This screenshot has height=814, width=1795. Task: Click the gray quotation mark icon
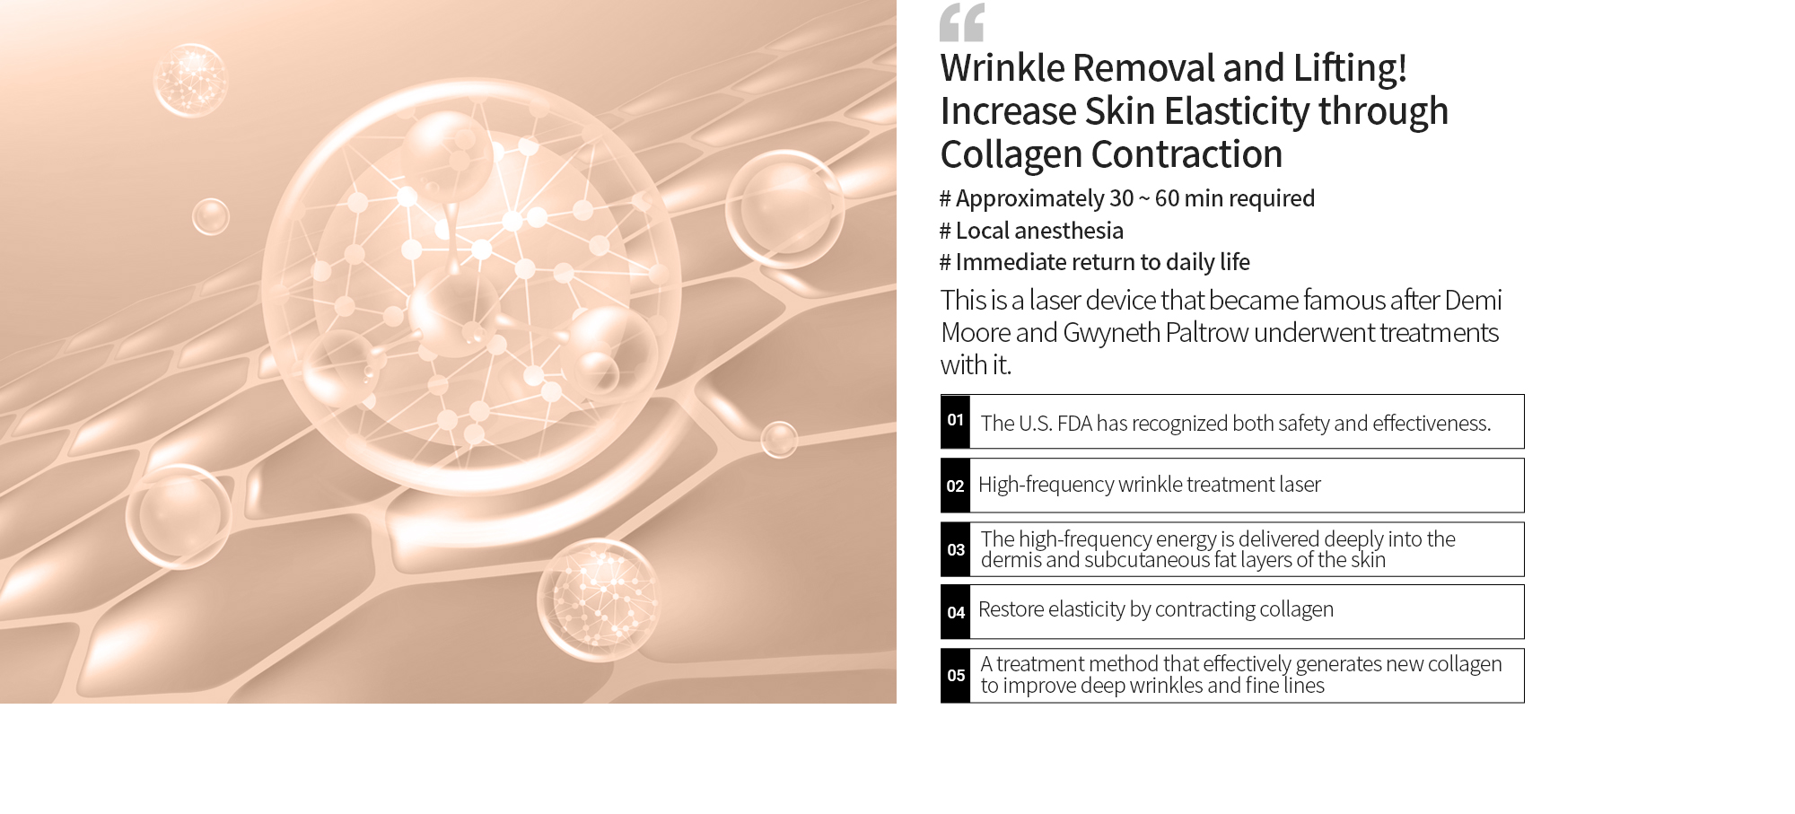tap(962, 22)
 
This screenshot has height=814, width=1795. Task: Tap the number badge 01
tap(955, 421)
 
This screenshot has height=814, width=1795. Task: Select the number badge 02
tap(955, 486)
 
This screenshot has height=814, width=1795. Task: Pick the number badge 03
tap(955, 549)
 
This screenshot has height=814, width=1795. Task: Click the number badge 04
tap(955, 612)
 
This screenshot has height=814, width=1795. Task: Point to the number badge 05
tap(955, 676)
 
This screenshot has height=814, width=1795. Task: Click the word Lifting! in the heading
tap(1350, 69)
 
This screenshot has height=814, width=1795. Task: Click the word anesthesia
tap(1068, 232)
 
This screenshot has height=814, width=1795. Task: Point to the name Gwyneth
tap(1112, 334)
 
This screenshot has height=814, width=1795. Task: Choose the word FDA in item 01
tap(1073, 424)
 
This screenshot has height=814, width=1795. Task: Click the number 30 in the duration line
tap(1122, 198)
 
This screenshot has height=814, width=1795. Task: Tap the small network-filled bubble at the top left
tap(190, 80)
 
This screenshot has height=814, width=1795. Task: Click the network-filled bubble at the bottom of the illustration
tap(599, 600)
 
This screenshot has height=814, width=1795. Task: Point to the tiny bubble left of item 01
tap(779, 440)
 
